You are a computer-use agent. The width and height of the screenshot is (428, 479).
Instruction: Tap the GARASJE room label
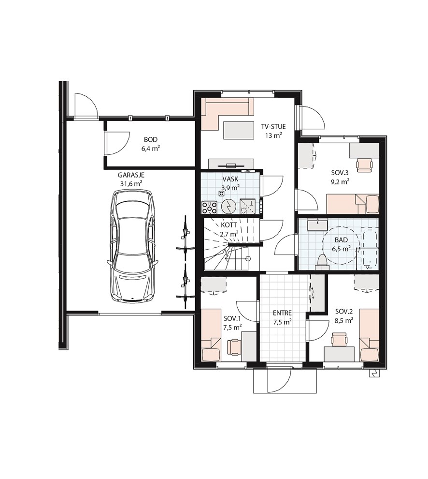click(x=131, y=175)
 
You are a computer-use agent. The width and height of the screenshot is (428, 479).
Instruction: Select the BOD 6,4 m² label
click(x=151, y=144)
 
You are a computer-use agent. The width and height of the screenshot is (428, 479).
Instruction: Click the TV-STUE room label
click(x=273, y=126)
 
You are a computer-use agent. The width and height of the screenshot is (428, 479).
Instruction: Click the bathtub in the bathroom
click(x=370, y=248)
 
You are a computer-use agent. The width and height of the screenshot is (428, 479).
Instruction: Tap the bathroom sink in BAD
click(x=317, y=225)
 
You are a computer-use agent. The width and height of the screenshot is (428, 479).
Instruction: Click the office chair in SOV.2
click(x=340, y=339)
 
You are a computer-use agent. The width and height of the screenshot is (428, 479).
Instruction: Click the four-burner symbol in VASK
click(x=209, y=208)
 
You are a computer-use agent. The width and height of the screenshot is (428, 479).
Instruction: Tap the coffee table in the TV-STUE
click(x=239, y=130)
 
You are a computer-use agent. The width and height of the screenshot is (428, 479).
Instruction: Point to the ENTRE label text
click(x=282, y=313)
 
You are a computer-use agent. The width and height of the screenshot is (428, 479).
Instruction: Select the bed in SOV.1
click(x=211, y=335)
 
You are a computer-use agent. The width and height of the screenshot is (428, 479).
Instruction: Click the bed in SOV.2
click(x=370, y=335)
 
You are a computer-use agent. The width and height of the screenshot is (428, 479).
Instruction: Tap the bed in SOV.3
click(x=353, y=204)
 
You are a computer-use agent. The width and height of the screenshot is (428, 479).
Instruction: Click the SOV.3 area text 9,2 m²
click(x=340, y=182)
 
